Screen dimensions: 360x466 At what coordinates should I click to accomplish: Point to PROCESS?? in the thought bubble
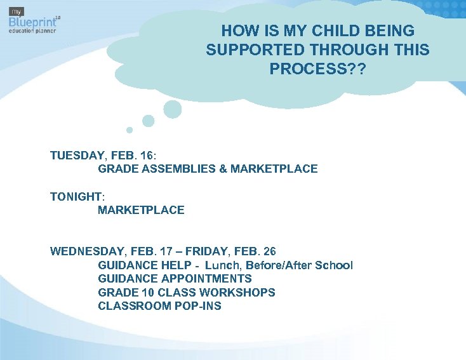click(317, 69)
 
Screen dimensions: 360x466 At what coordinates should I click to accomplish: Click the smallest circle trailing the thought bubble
click(130, 130)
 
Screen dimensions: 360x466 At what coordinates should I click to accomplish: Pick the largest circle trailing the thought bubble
click(172, 109)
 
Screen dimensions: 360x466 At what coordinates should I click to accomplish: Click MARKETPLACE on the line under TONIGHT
click(141, 210)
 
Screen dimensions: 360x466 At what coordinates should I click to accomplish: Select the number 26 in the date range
click(269, 251)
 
